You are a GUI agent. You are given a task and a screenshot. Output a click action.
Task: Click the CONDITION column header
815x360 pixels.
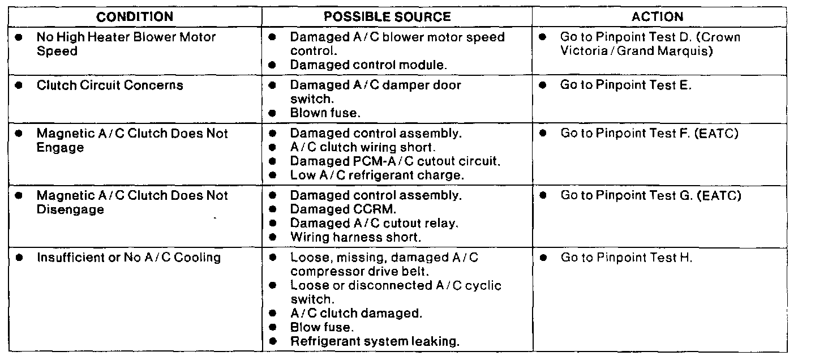pyautogui.click(x=135, y=17)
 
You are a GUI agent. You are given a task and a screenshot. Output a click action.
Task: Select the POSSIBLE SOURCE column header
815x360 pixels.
pyautogui.click(x=387, y=17)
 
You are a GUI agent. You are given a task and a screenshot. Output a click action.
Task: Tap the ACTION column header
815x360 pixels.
pyautogui.click(x=657, y=17)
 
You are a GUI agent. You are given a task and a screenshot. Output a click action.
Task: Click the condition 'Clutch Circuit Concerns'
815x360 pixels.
pyautogui.click(x=110, y=85)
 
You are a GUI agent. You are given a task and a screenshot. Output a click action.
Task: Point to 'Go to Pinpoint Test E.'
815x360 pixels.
pyautogui.click(x=626, y=85)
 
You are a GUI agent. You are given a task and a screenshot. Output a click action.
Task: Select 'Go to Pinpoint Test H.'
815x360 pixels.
pyautogui.click(x=626, y=258)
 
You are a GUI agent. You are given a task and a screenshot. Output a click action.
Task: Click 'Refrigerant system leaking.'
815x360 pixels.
pyautogui.click(x=374, y=341)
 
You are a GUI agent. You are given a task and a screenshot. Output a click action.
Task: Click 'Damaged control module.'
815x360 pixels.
pyautogui.click(x=368, y=65)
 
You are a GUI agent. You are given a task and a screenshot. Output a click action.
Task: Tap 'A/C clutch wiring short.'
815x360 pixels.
pyautogui.click(x=362, y=148)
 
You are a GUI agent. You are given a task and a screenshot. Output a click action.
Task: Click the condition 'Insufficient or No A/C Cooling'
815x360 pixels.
pyautogui.click(x=128, y=258)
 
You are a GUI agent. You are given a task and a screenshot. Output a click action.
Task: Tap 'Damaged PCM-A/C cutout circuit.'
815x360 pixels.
pyautogui.click(x=395, y=161)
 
